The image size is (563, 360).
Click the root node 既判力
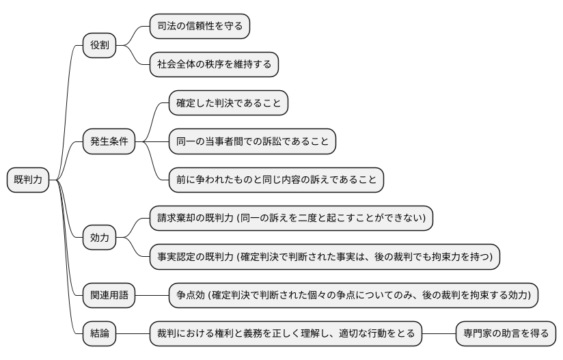pos(28,180)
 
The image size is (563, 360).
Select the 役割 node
pos(99,46)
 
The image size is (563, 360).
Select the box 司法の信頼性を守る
pos(200,27)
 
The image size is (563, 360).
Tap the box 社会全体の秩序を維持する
pos(214,65)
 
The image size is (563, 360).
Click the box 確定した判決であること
pos(228,103)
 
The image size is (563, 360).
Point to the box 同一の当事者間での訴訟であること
pos(252,141)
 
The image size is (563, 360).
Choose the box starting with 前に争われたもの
pos(276,180)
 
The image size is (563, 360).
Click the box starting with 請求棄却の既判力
pos(291,218)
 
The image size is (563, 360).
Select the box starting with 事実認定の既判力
pos(325,256)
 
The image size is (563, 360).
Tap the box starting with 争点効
pos(354,295)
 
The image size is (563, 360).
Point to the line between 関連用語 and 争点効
pos(152,295)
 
